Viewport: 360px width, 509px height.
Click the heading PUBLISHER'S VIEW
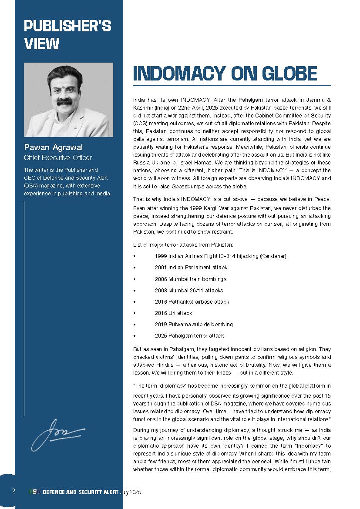pyautogui.click(x=67, y=35)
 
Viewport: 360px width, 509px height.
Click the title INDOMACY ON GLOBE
pyautogui.click(x=225, y=74)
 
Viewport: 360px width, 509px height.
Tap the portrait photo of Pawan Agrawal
pyautogui.click(x=68, y=100)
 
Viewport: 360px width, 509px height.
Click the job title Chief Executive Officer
pyautogui.click(x=57, y=157)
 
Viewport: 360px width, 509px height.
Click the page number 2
pyautogui.click(x=13, y=492)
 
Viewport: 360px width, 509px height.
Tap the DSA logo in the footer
pyautogui.click(x=35, y=492)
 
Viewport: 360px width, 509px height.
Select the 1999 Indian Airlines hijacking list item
pyautogui.click(x=220, y=256)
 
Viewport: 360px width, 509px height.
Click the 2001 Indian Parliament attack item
pyautogui.click(x=191, y=268)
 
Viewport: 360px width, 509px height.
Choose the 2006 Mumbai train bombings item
pyautogui.click(x=190, y=279)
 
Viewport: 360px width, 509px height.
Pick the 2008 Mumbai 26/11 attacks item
pyautogui.click(x=188, y=290)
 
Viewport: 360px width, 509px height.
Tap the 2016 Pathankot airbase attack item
pyautogui.click(x=192, y=301)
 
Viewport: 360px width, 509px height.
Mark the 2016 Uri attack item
pyautogui.click(x=173, y=313)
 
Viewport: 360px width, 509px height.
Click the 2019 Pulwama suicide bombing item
pyautogui.click(x=193, y=324)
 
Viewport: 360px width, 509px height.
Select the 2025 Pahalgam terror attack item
pyautogui.click(x=189, y=335)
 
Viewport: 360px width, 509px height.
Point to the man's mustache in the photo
pyautogui.click(x=65, y=101)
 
